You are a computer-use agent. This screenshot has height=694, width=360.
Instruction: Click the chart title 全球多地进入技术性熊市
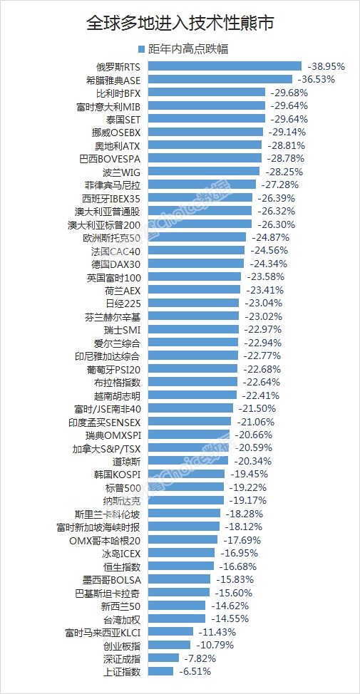[180, 23]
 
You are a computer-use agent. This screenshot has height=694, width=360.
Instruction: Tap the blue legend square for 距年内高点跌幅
[142, 49]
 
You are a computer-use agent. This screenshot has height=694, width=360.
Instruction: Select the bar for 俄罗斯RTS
[225, 66]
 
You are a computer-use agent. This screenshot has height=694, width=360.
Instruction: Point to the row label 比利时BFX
[118, 93]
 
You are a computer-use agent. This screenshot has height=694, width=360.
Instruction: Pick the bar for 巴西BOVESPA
[205, 158]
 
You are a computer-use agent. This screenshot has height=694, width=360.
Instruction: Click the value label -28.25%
[284, 172]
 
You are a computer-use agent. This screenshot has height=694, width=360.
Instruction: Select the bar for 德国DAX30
[196, 264]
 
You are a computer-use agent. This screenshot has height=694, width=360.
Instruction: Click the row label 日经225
[123, 304]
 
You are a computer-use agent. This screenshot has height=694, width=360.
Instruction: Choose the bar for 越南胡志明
[192, 395]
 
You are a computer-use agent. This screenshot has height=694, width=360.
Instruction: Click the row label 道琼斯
[126, 461]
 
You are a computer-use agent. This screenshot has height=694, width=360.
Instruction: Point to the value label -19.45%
[249, 474]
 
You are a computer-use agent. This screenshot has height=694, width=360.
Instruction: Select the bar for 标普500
[186, 487]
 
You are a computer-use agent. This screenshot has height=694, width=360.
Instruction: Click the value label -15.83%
[235, 579]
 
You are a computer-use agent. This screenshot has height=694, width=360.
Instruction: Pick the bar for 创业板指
[170, 645]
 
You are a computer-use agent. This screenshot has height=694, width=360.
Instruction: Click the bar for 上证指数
[160, 671]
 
